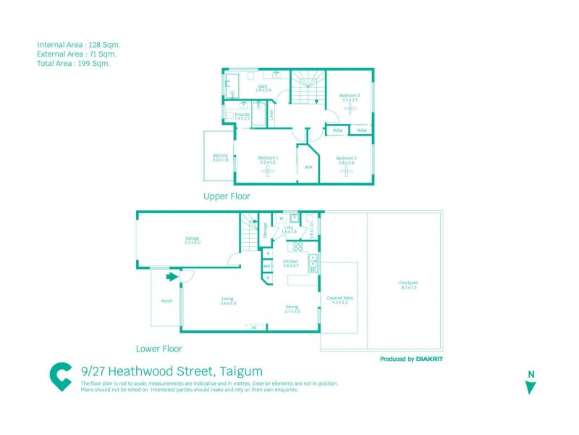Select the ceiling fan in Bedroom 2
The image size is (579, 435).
tap(345, 172)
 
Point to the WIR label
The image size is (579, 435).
tap(308, 167)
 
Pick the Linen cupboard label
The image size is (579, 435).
tap(272, 114)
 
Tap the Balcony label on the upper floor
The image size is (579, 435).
tap(221, 157)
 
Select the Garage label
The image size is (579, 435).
tap(192, 239)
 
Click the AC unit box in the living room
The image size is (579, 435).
tap(254, 327)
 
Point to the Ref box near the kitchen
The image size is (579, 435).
tap(267, 266)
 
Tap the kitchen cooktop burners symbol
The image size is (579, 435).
tap(297, 246)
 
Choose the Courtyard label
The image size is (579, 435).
tap(408, 284)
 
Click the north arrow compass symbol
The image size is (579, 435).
tap(531, 384)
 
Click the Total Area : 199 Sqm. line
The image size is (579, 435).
tap(73, 63)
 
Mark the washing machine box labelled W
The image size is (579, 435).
tap(280, 218)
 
